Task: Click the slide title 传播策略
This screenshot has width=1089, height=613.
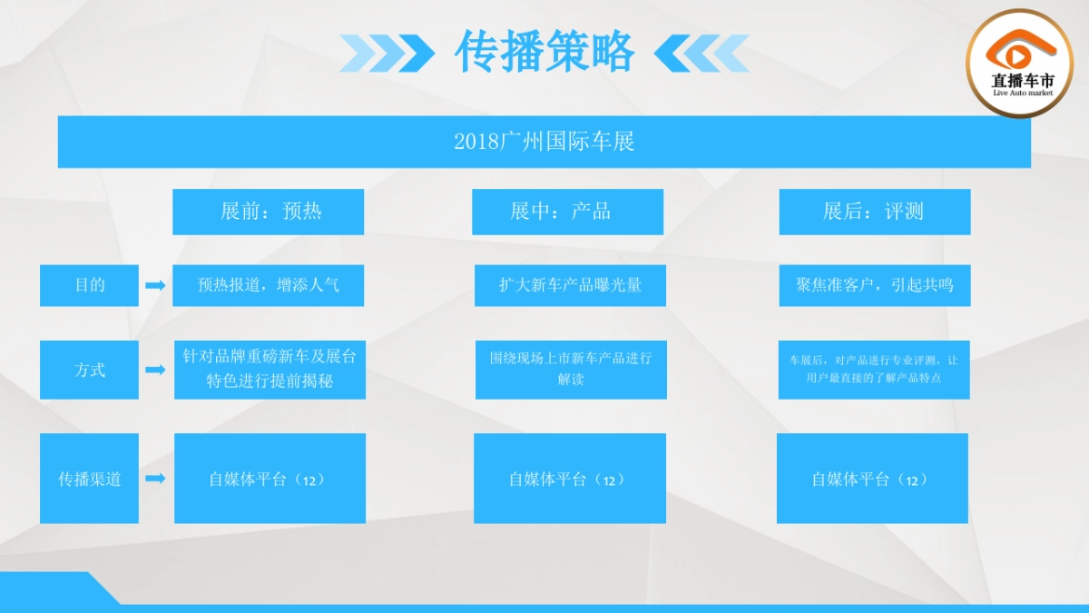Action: (544, 52)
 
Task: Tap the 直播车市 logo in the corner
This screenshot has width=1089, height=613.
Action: (1023, 62)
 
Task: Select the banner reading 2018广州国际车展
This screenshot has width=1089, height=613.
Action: (544, 142)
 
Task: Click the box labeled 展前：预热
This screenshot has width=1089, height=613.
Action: (269, 212)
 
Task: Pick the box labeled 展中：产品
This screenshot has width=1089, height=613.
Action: (567, 212)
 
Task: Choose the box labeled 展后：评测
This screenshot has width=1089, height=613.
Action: (874, 212)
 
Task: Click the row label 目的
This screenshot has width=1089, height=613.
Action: (89, 285)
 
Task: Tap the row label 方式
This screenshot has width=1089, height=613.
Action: (89, 370)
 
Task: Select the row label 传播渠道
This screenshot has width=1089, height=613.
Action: (89, 479)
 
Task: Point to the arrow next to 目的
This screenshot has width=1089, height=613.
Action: (155, 285)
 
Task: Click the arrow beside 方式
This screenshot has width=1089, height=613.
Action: (155, 370)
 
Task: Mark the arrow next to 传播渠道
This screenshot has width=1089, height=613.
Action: (155, 479)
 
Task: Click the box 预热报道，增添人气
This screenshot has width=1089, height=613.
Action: (269, 285)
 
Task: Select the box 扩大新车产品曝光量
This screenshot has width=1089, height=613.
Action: (570, 285)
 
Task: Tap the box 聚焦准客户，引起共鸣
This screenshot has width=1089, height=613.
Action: (874, 285)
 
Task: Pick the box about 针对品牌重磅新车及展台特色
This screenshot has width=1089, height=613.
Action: (270, 370)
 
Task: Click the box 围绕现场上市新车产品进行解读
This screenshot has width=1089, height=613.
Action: (571, 370)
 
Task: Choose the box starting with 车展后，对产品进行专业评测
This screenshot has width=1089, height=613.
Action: (874, 370)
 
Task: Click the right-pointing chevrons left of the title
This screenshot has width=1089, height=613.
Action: (386, 53)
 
